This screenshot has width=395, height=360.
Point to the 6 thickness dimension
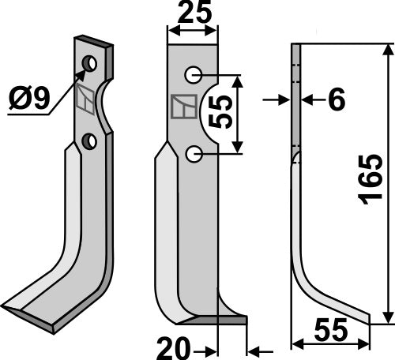tap(335, 100)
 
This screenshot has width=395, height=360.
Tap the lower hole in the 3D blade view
tap(91, 141)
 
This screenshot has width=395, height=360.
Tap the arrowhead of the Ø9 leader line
tap(82, 73)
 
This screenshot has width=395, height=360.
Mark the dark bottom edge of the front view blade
tap(221, 320)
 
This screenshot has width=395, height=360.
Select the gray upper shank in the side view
tap(295, 103)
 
